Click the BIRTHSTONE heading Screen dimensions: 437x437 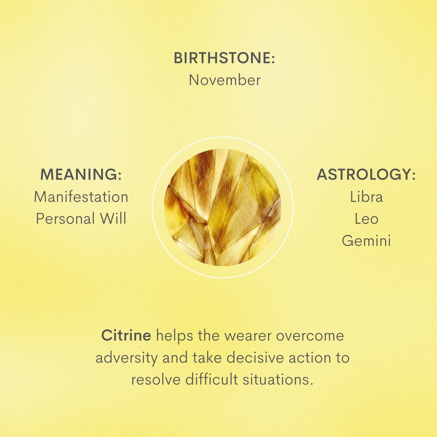(x=224, y=58)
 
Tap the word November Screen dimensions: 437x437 (x=224, y=80)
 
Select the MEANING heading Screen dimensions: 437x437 (x=81, y=174)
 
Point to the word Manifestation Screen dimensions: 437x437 (x=81, y=197)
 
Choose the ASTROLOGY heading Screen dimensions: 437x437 (x=366, y=174)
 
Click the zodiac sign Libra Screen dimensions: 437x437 (x=366, y=197)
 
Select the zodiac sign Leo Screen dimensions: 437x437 (x=366, y=219)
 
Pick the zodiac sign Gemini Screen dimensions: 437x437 (x=366, y=241)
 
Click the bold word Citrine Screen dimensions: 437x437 (x=126, y=335)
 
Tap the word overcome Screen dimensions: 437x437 (x=310, y=336)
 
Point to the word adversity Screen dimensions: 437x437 (x=126, y=358)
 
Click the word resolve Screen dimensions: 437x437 (x=155, y=380)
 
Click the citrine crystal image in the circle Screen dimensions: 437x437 (x=222, y=207)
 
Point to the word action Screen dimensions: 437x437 (x=309, y=358)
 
